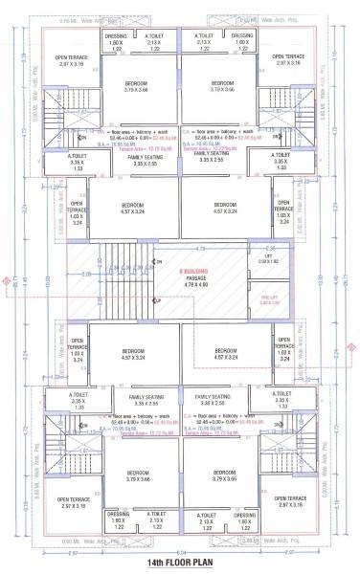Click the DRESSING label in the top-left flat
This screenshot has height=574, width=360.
(116, 36)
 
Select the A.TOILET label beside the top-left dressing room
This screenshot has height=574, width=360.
(153, 36)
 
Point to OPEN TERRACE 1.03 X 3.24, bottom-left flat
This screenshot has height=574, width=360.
(78, 350)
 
